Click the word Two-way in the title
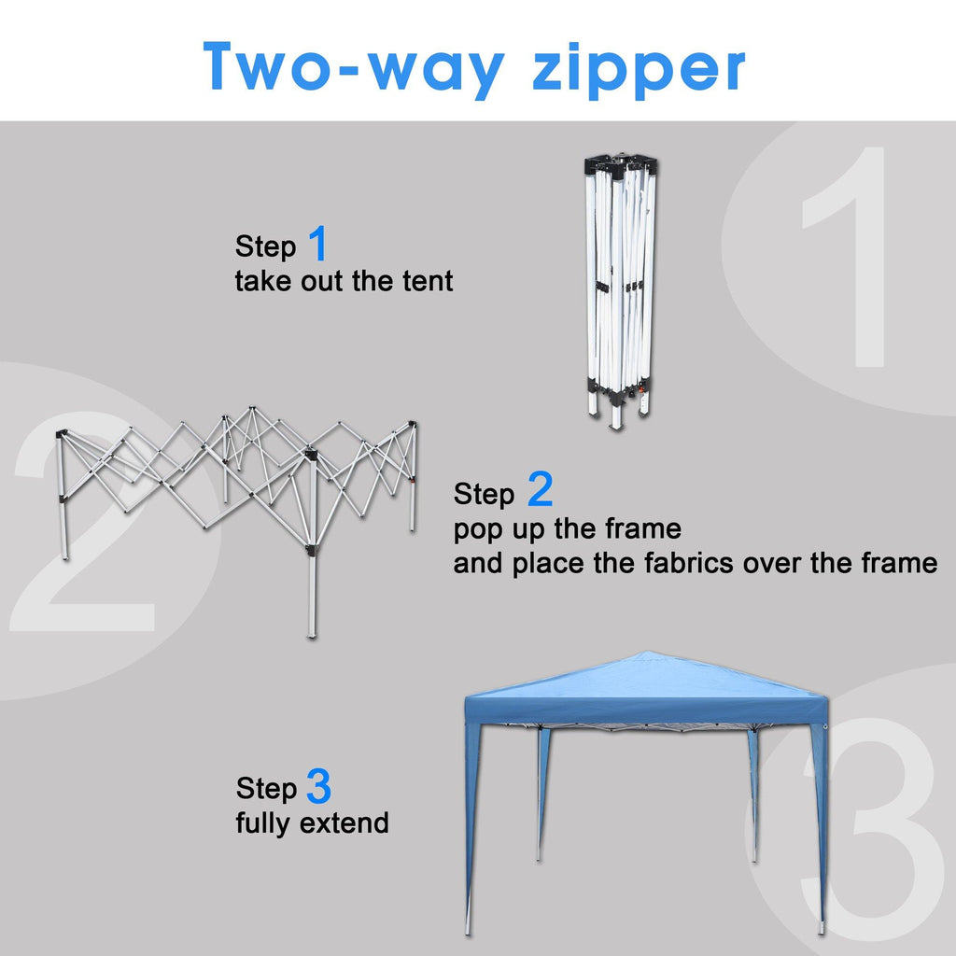[x=354, y=68]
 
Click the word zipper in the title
[x=639, y=69]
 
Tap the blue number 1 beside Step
[x=318, y=243]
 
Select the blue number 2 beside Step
[x=540, y=488]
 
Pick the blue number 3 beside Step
[x=318, y=785]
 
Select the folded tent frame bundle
[x=620, y=291]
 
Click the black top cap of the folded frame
[x=621, y=164]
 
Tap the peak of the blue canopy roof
[x=648, y=653]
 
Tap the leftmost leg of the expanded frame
[x=63, y=495]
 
